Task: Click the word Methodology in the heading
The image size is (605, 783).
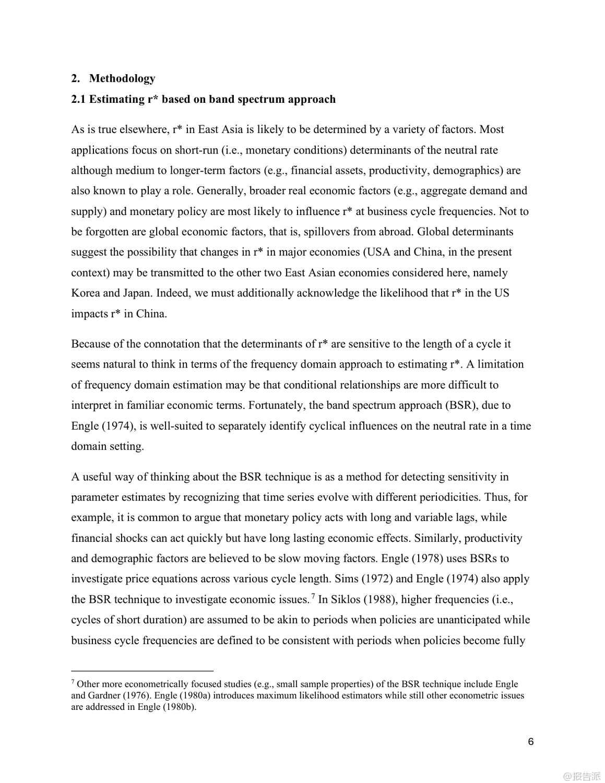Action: click(122, 79)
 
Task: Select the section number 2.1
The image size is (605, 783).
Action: click(79, 99)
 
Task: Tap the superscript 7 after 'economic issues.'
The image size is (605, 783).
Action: click(313, 596)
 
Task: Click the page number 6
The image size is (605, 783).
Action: click(531, 742)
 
